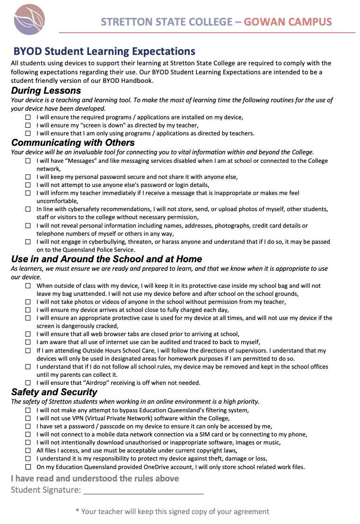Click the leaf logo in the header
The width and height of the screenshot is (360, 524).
click(x=29, y=20)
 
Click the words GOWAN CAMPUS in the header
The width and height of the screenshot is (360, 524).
click(x=288, y=22)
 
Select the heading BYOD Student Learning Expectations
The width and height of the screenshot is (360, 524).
click(x=104, y=52)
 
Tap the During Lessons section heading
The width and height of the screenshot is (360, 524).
click(x=46, y=90)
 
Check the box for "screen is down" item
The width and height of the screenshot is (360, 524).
click(x=28, y=125)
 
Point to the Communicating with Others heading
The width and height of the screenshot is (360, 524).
click(x=73, y=142)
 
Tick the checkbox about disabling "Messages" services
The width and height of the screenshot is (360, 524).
click(x=28, y=161)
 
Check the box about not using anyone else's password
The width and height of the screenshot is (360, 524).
click(x=28, y=185)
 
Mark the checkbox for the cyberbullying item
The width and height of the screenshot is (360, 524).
click(x=28, y=242)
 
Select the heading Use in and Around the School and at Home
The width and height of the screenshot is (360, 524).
click(x=106, y=259)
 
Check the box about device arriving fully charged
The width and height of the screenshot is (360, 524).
click(x=28, y=310)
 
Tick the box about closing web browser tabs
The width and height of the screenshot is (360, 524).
click(x=28, y=334)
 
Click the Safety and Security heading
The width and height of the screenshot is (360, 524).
click(x=54, y=392)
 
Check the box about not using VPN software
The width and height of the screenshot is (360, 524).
click(x=28, y=418)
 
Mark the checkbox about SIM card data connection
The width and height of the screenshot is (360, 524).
click(x=28, y=435)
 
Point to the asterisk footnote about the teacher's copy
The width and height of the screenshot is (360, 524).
click(x=172, y=511)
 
